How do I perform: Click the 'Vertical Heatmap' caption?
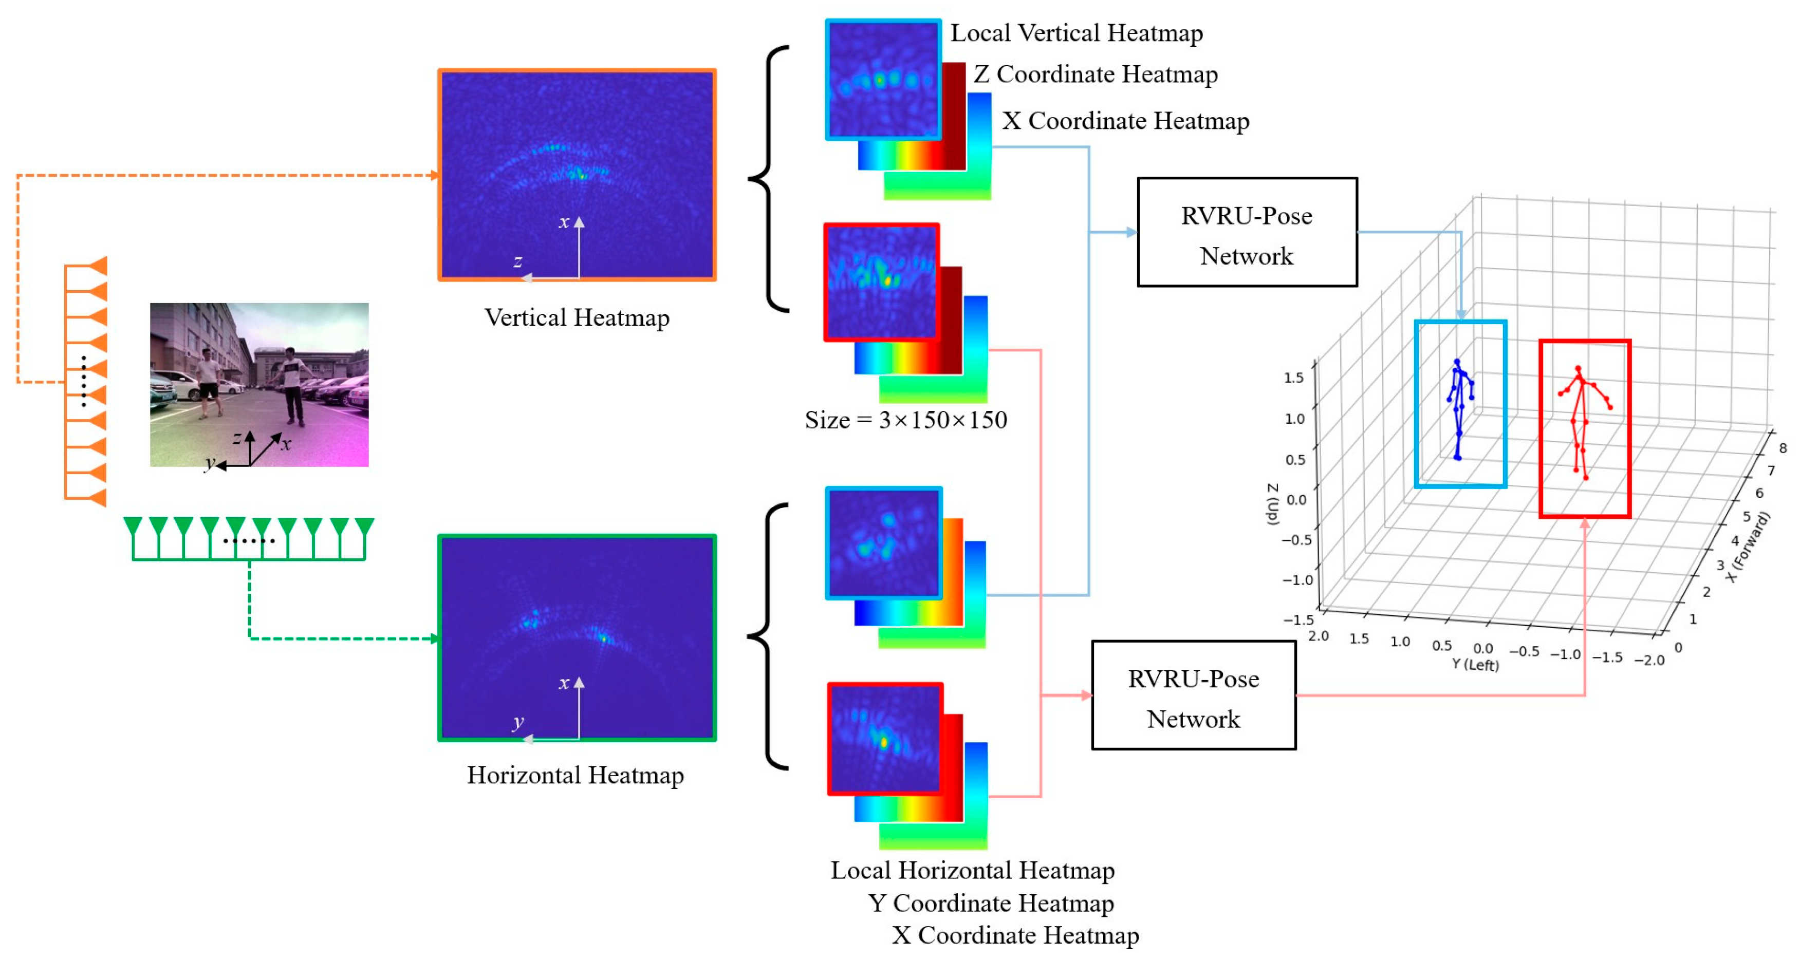coord(577,318)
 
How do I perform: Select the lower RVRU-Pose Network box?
coord(1194,695)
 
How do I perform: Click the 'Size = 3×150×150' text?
coord(905,420)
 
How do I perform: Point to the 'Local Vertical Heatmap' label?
coord(1076,33)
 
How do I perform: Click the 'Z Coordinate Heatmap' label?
coord(1095,74)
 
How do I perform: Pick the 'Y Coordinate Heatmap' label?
coord(991,903)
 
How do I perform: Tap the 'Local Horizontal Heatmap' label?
coord(972,870)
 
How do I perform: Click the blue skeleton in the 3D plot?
coord(1459,408)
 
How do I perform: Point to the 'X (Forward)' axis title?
coord(1748,547)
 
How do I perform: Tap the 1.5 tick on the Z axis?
coord(1293,378)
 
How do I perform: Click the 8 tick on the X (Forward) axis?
coord(1783,448)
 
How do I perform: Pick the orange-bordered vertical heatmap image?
coord(577,175)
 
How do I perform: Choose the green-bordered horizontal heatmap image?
coord(577,637)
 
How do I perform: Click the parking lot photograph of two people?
coord(259,384)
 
